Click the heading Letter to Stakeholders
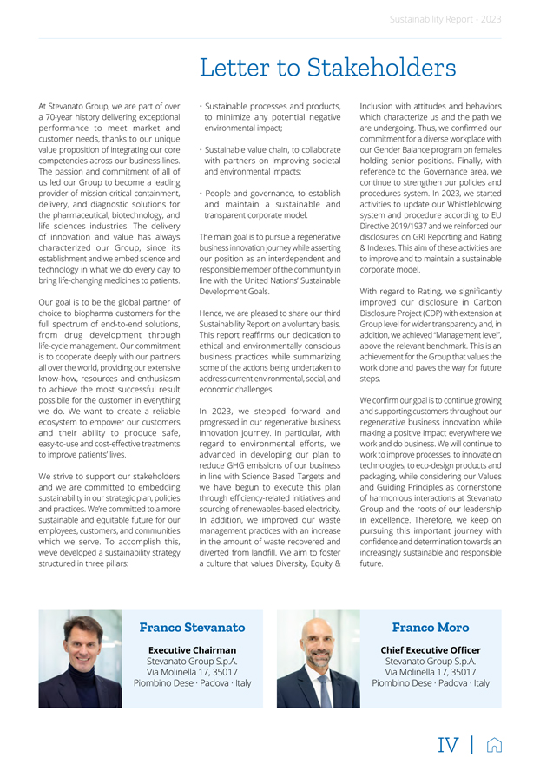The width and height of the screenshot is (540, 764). coord(327,67)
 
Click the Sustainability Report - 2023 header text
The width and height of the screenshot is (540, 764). coord(445,18)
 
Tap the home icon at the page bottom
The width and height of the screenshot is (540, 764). coord(494,743)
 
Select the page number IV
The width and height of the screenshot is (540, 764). coord(449,743)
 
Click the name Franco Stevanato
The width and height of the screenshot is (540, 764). coord(192,627)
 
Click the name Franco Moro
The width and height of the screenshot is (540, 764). coord(430,627)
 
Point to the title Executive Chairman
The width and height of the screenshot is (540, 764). coord(192,649)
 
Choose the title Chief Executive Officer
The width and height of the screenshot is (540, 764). coord(430,649)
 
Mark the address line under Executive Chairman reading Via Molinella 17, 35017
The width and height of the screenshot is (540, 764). coord(192,672)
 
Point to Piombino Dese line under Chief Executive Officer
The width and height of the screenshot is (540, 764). coord(430,683)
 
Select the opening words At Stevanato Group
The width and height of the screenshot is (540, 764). coord(74,106)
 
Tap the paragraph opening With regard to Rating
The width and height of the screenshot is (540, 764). coord(431,292)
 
